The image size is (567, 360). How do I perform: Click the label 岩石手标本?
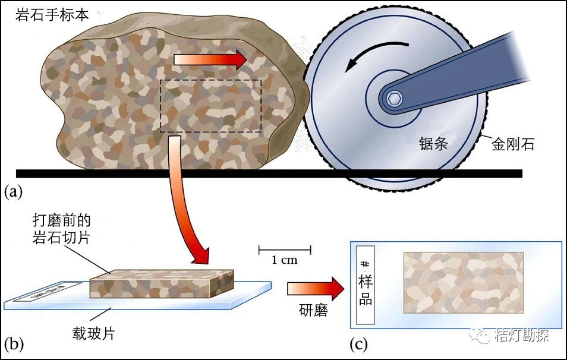click(52, 15)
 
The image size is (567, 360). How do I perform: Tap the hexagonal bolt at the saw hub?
click(393, 99)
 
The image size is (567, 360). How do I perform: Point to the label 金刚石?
click(512, 144)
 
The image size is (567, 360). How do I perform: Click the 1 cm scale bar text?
click(285, 260)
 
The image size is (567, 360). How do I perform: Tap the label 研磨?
click(313, 311)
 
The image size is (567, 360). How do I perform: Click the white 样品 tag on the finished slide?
click(366, 284)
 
